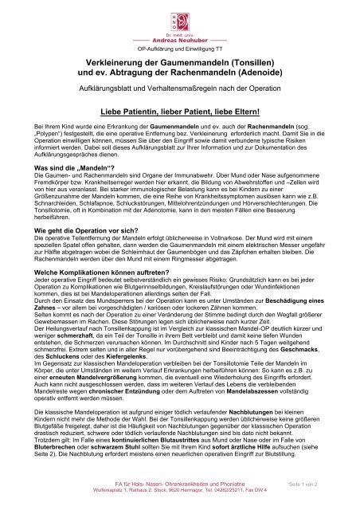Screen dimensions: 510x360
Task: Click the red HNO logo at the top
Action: click(180, 17)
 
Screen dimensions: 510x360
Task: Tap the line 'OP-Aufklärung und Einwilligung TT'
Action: click(180, 49)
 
